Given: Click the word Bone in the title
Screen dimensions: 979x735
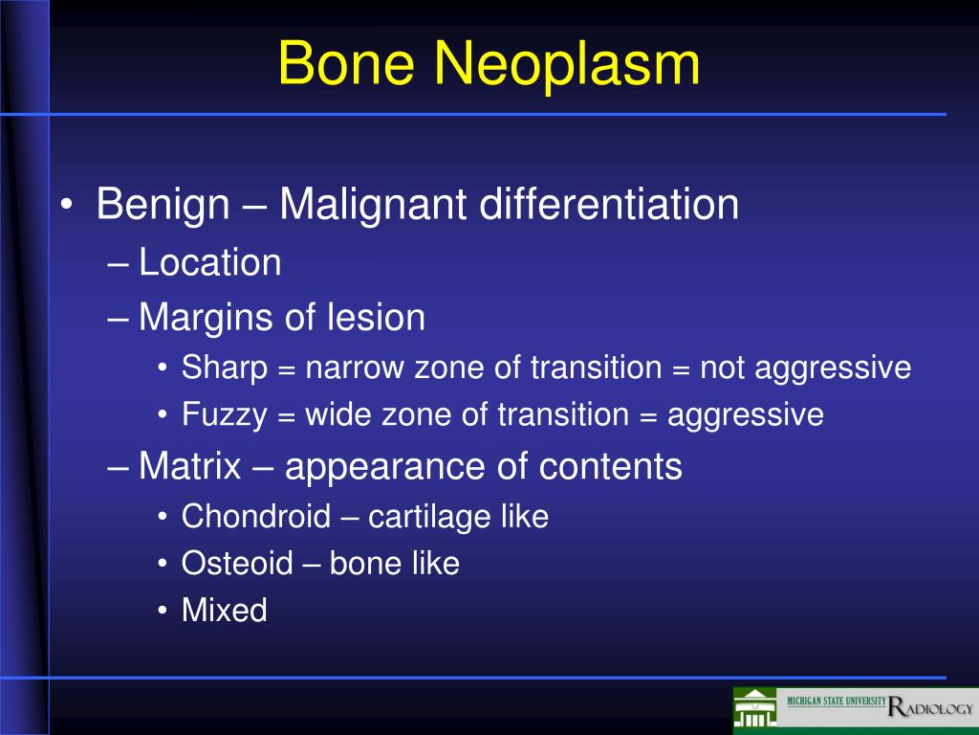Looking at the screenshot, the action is click(346, 62).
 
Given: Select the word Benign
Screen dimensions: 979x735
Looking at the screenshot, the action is click(163, 205).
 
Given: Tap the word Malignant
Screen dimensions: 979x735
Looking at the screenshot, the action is click(373, 205).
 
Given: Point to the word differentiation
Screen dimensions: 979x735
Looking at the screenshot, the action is click(609, 204).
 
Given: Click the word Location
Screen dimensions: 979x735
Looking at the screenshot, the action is click(209, 262).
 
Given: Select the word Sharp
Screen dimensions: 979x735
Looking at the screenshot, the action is click(225, 368).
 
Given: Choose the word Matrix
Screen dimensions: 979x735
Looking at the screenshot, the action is click(190, 466).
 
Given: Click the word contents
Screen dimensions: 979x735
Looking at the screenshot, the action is click(610, 467).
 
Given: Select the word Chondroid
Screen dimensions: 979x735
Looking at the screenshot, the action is click(256, 517).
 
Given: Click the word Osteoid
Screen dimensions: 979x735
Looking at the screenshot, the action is click(237, 564).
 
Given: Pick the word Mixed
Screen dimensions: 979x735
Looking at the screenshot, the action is click(224, 610).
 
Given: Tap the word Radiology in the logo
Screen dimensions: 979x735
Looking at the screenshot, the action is click(930, 707).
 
